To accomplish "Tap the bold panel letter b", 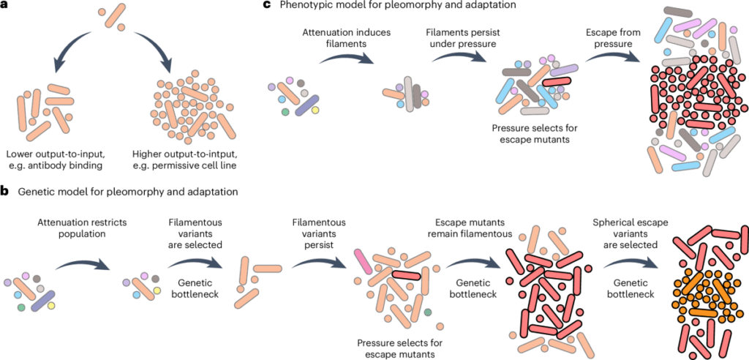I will (x=6, y=192).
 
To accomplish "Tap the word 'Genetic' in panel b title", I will (x=34, y=192).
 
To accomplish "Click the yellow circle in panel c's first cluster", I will (x=315, y=110).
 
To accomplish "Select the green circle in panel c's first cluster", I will (x=285, y=112).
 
